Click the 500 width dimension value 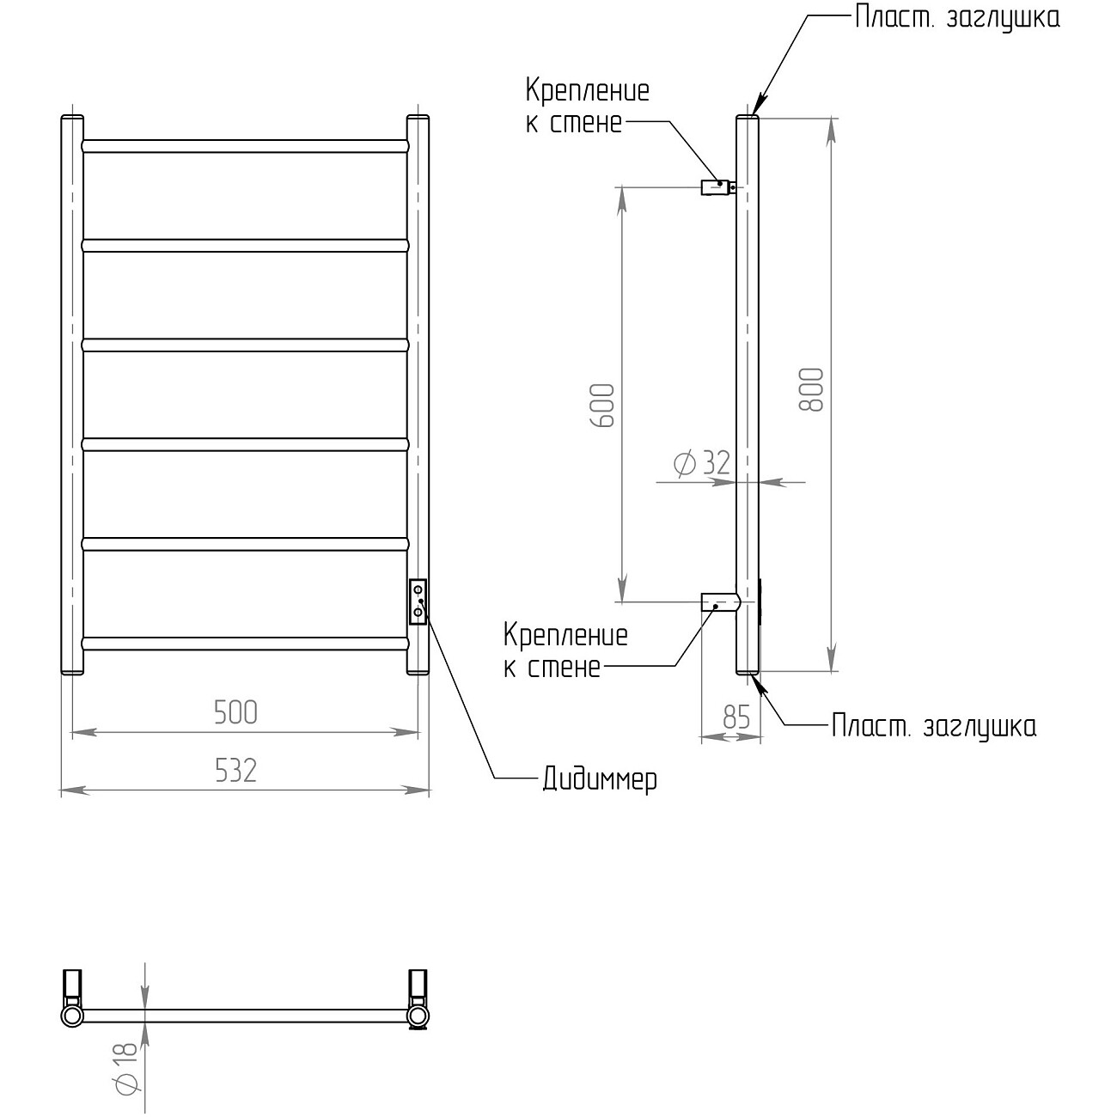click(x=236, y=712)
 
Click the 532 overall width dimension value click(x=236, y=770)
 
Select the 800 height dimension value click(x=812, y=389)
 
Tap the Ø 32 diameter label click(x=702, y=463)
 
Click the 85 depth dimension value click(x=736, y=717)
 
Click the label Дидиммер click(x=600, y=779)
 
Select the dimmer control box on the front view click(x=418, y=601)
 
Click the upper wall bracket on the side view click(x=717, y=186)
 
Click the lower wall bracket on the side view click(x=719, y=601)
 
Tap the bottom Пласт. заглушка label click(x=934, y=726)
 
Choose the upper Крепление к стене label click(x=587, y=106)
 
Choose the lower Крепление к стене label click(x=565, y=651)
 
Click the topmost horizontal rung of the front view click(x=245, y=146)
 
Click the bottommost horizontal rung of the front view click(x=245, y=643)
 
